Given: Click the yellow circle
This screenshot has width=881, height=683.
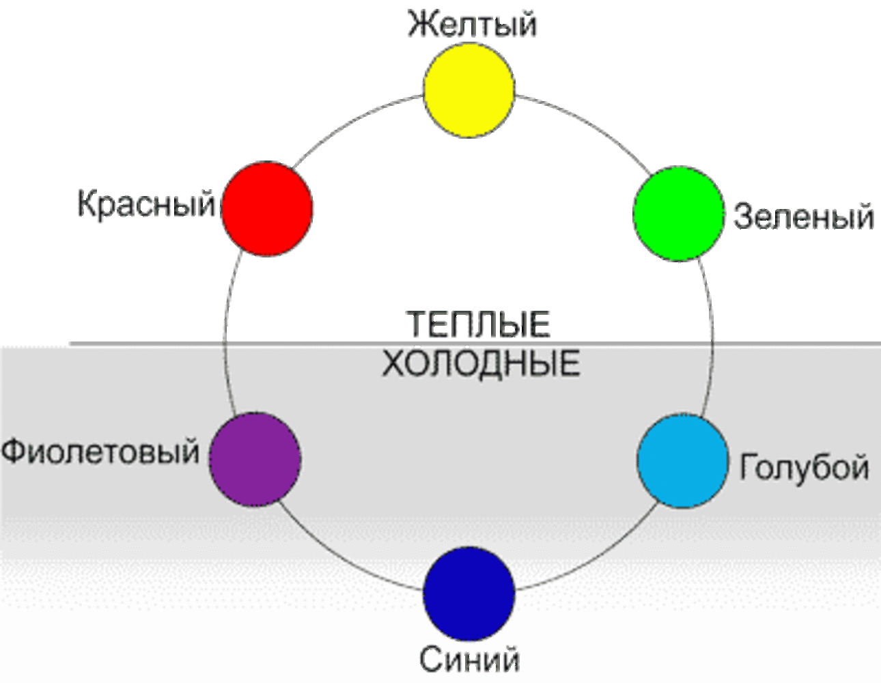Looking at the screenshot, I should point(469,90).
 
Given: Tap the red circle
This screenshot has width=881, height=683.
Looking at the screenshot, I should point(268,209).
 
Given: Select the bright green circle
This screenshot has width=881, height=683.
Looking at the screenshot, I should point(678,213).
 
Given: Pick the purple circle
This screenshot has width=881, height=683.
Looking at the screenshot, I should point(255,459).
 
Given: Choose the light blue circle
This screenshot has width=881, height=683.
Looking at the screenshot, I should point(683,461).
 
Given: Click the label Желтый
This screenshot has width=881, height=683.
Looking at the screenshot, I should point(472,24).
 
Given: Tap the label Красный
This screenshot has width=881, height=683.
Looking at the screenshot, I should point(146,204).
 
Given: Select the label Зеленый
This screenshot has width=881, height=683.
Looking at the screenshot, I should point(804,217).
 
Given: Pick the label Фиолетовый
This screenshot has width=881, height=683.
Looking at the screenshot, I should point(100,451).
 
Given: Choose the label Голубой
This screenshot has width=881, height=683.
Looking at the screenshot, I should point(805,467).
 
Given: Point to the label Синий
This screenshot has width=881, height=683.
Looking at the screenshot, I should point(469,660).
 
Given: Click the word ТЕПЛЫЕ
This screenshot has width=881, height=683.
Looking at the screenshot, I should point(478,324).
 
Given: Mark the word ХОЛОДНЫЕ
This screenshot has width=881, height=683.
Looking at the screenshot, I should point(481,363).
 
